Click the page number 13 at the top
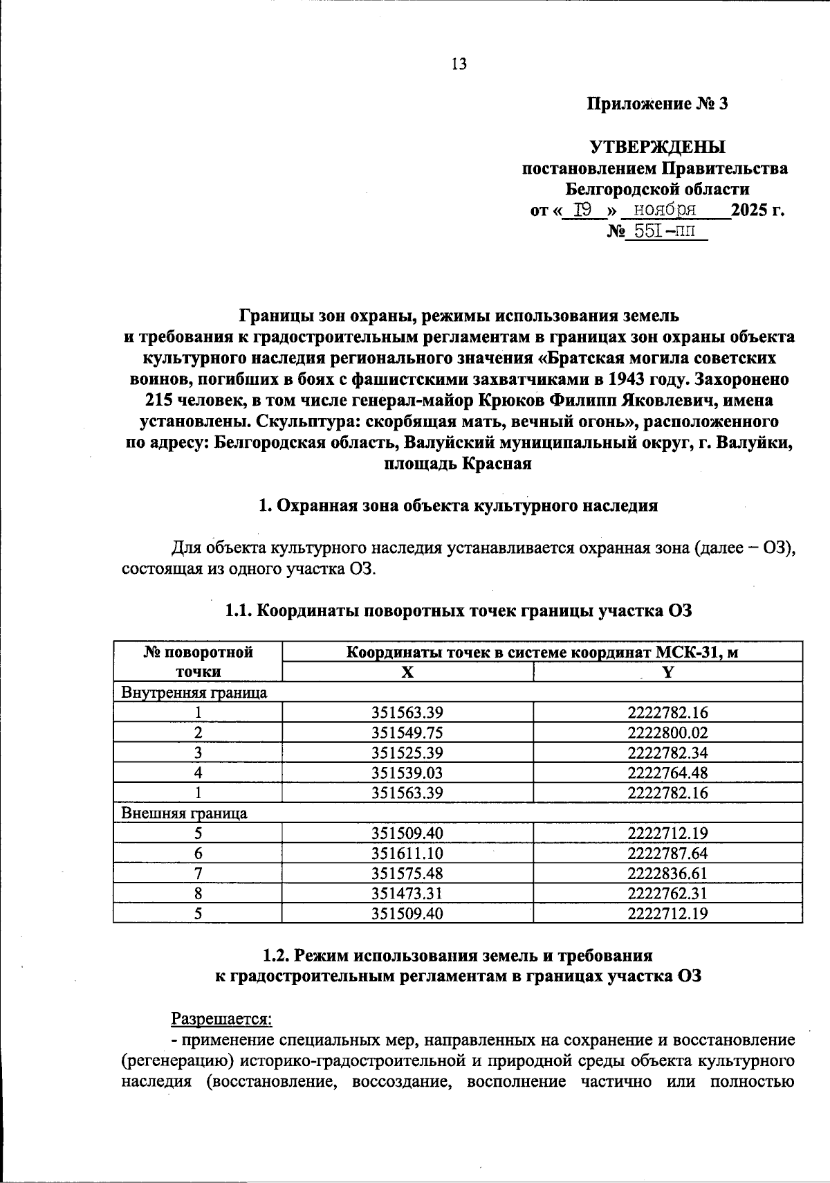pos(459,64)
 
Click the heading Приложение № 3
pos(657,105)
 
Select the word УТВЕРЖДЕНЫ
pos(657,147)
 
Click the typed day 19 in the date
pos(582,210)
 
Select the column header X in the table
pos(407,672)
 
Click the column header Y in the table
pos(667,672)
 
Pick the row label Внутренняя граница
pos(194,692)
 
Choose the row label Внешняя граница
pos(184,813)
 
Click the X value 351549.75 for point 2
pos(407,732)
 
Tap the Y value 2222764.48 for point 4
pos(667,773)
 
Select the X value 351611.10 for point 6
pos(407,853)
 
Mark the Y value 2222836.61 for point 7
pos(667,873)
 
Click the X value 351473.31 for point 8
pos(407,893)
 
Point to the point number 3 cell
pos(198,752)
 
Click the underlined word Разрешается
pos(222,1019)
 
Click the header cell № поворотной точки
pos(198,662)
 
